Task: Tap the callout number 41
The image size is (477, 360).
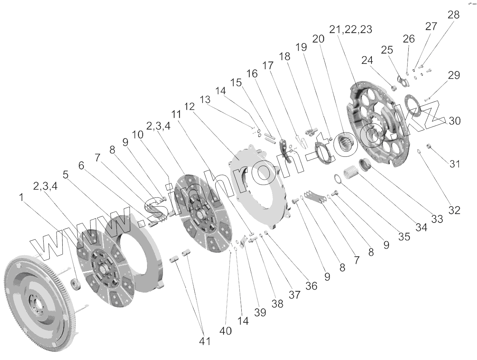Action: tap(205, 341)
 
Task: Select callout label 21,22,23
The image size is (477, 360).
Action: tap(350, 30)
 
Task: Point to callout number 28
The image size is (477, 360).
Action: tap(453, 15)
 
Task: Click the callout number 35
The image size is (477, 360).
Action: tap(405, 236)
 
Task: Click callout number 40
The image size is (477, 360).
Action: tap(225, 331)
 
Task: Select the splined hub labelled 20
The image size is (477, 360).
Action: tap(346, 145)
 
